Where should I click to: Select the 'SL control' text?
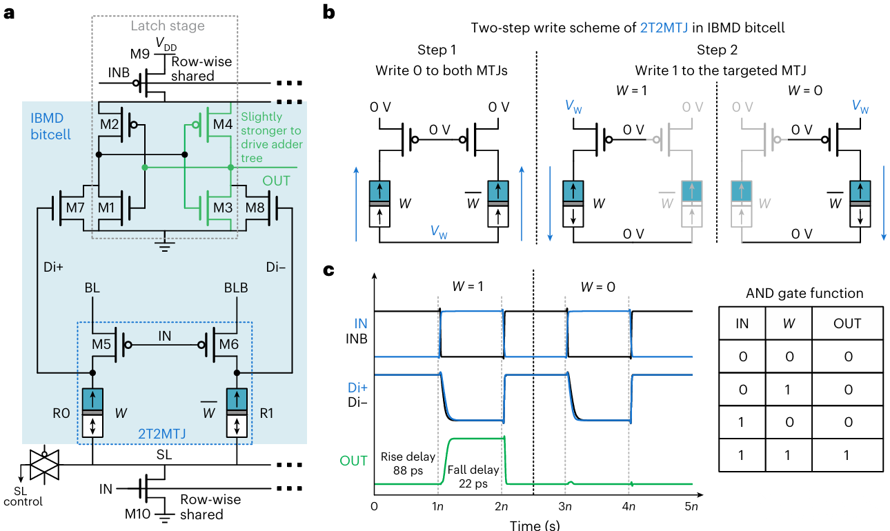pos(23,497)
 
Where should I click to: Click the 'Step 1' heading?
pos(437,51)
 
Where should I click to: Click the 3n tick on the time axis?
pos(566,507)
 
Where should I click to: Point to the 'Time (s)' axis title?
pos(533,524)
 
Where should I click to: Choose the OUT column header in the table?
pos(847,323)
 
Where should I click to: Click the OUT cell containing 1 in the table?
pos(847,456)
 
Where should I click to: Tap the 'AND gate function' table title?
pos(804,293)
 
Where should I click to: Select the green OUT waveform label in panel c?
pos(353,461)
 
